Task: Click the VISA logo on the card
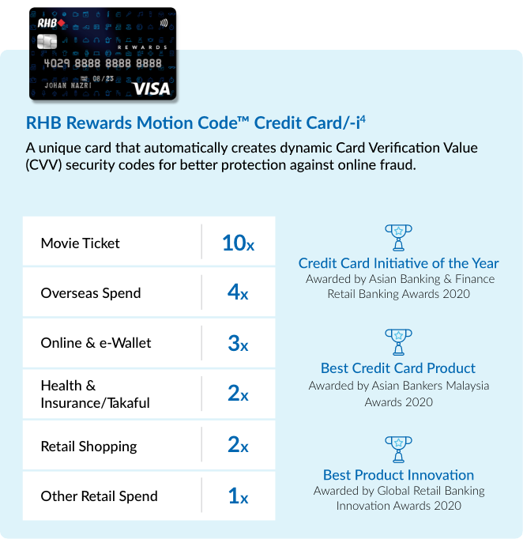(x=152, y=89)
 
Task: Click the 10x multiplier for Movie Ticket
(x=238, y=243)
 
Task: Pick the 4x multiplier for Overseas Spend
(x=238, y=293)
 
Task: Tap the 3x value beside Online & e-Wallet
(x=238, y=343)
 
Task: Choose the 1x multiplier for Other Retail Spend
(x=238, y=496)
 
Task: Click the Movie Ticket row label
(x=81, y=243)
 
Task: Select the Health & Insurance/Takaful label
(x=95, y=394)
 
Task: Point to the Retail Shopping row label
(x=88, y=447)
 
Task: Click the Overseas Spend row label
(x=91, y=293)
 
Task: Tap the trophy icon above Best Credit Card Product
(x=398, y=342)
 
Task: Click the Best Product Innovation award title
(x=398, y=475)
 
